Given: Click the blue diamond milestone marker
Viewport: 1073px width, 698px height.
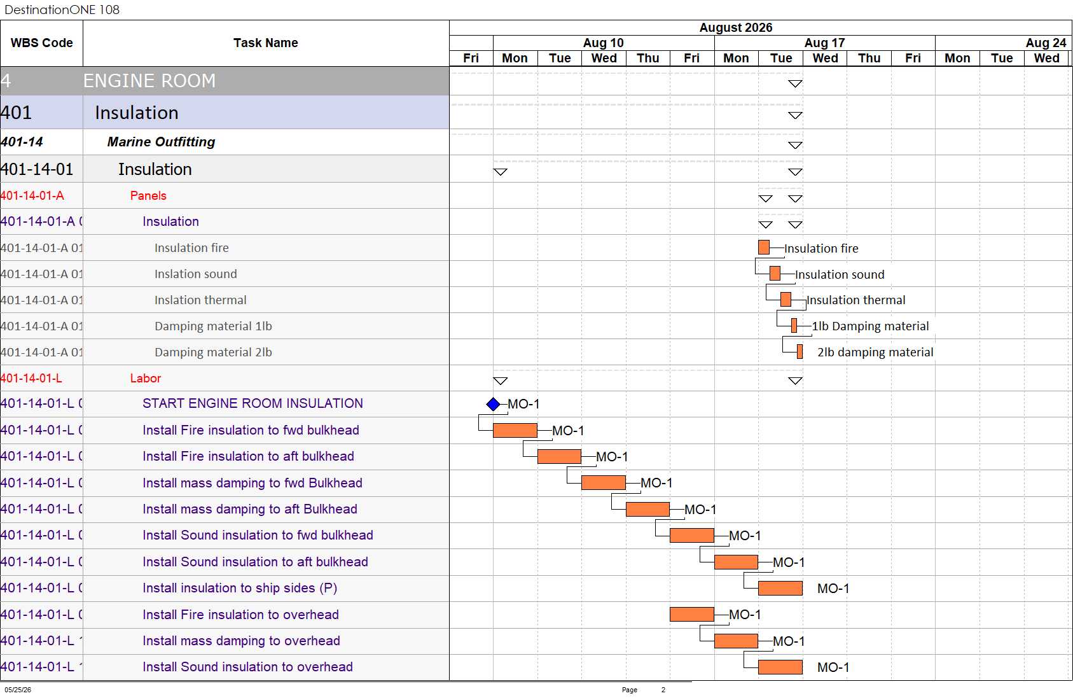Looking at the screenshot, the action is (x=493, y=404).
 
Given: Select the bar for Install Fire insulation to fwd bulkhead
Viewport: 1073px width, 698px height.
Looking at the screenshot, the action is (x=515, y=430).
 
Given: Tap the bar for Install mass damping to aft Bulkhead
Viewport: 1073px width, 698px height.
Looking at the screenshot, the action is (x=647, y=509).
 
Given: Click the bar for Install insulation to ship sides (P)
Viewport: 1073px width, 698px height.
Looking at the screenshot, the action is (x=780, y=588).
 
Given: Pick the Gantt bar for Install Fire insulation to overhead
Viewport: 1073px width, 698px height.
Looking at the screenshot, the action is (x=692, y=614).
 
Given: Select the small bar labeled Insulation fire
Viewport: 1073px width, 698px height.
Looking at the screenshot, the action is (x=764, y=248).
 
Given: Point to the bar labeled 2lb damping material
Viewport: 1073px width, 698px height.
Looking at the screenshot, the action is (x=800, y=352).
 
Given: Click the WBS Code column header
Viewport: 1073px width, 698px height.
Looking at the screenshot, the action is (x=42, y=43).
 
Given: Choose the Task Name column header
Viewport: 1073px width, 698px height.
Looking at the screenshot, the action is (x=265, y=43).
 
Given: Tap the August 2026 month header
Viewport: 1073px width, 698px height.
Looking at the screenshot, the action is (x=736, y=27).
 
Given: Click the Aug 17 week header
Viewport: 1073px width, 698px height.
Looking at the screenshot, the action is (x=824, y=43).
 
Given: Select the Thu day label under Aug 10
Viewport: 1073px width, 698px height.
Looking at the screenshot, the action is (x=647, y=58).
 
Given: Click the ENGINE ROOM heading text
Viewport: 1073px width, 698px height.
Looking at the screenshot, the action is (x=149, y=80).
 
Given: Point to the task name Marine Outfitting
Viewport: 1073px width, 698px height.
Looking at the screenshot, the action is (x=161, y=142).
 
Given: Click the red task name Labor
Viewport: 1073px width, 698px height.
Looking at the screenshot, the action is (x=146, y=378).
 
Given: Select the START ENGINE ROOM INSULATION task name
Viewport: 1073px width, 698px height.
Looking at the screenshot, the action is (x=253, y=403).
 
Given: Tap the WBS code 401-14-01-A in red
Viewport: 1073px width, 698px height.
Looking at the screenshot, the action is (x=32, y=195).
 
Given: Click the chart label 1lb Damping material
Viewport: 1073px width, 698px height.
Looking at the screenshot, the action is (x=870, y=326).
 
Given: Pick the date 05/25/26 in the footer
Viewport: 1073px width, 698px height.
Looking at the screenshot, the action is (x=18, y=690).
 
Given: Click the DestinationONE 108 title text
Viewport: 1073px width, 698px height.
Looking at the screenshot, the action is (x=62, y=10).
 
